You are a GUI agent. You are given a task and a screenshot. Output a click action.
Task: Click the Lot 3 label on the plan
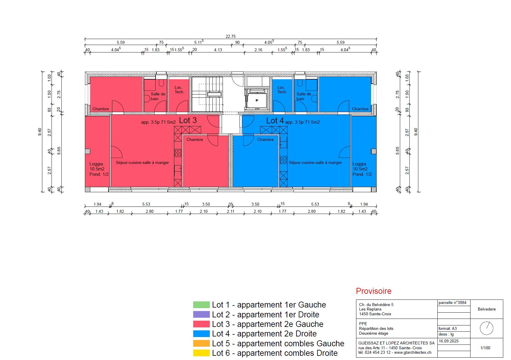tap(188, 120)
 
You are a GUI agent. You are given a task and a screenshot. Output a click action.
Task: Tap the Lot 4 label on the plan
tap(275, 121)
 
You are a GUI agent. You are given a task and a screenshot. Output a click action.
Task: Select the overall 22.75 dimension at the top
tap(231, 36)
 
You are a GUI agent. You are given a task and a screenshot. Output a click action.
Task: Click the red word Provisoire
tap(374, 291)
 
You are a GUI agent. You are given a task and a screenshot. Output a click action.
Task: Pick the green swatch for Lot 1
tap(201, 305)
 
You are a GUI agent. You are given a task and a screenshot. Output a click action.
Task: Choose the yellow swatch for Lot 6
tap(201, 353)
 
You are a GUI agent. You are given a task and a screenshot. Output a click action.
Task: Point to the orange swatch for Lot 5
tap(201, 344)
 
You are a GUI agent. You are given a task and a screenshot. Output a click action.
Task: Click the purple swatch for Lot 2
tap(201, 315)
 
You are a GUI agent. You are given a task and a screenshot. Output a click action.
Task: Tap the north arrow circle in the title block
tap(487, 328)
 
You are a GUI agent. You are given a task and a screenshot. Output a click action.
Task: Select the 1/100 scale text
tap(485, 348)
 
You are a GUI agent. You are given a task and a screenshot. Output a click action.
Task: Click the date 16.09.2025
tap(448, 341)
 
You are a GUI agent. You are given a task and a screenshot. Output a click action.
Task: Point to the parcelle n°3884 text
tap(452, 303)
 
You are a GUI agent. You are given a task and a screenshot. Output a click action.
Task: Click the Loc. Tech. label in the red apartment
tap(179, 90)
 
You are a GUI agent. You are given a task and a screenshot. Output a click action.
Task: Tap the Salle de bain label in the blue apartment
tap(304, 96)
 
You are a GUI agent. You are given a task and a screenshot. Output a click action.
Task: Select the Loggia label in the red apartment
tap(96, 164)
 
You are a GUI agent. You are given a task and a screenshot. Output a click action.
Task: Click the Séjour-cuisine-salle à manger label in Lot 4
tap(315, 163)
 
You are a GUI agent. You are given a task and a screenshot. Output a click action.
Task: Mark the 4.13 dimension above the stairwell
tap(218, 50)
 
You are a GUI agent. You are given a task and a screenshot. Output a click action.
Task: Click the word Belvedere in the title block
tap(487, 309)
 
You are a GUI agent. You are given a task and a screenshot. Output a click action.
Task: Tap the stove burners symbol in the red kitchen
tap(178, 153)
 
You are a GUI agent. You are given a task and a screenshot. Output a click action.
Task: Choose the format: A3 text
tap(447, 329)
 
